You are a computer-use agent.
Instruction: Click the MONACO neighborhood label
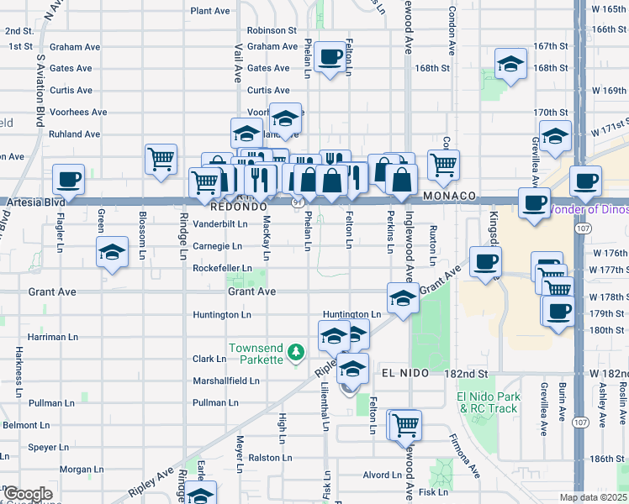point(450,196)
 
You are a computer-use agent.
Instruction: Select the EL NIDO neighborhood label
point(405,372)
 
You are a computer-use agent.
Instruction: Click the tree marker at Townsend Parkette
point(295,351)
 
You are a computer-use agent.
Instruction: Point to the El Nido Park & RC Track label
point(487,402)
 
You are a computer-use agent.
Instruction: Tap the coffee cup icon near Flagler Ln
point(68,179)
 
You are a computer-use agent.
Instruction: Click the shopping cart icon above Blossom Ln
point(160,158)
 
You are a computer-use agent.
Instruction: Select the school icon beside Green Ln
point(112,251)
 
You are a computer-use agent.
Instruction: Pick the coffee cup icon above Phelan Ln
point(332,56)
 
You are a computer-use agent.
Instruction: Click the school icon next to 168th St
point(510,65)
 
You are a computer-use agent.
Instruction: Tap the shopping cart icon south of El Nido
point(406,424)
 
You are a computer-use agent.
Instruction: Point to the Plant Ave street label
point(210,11)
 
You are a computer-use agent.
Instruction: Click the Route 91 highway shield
point(299,203)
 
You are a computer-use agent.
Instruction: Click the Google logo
point(28,495)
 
